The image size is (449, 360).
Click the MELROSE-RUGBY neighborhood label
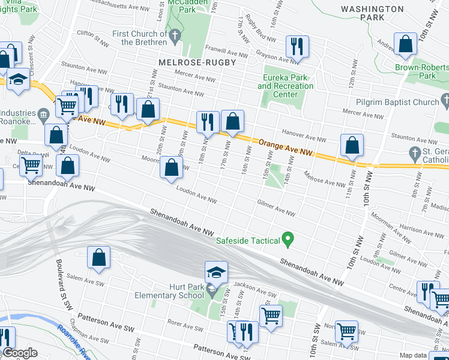[x=197, y=62]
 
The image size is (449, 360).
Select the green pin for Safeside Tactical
[x=288, y=241]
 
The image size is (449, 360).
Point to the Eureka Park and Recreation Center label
[x=286, y=86]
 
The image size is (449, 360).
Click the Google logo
[x=20, y=353]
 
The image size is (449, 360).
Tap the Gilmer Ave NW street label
[x=276, y=209]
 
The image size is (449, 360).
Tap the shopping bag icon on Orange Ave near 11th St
[x=351, y=145]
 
